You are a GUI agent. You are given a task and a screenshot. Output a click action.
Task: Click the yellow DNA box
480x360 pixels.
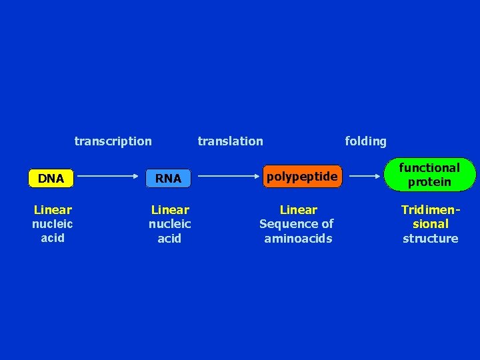[51, 179]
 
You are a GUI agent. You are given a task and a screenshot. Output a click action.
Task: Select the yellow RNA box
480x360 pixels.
[168, 179]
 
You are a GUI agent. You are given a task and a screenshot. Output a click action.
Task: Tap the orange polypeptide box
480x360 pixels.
[302, 177]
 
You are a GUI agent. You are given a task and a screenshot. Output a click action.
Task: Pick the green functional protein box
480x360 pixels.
[430, 175]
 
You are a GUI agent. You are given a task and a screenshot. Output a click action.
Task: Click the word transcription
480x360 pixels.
[113, 141]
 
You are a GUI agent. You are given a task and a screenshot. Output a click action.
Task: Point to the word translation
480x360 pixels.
[230, 141]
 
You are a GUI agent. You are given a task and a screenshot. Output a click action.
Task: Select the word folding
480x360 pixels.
[365, 141]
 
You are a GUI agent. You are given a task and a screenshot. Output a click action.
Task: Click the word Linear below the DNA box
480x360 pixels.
[53, 209]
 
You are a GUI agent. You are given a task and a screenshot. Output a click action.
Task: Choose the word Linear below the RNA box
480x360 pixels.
[170, 209]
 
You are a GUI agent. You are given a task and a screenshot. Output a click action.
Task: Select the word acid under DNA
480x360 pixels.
[53, 237]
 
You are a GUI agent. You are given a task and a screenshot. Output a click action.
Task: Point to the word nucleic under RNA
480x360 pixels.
[170, 224]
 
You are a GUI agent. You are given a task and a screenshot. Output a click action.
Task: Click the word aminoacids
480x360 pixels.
[298, 238]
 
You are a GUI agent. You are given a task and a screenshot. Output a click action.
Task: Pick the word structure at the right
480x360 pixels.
[430, 238]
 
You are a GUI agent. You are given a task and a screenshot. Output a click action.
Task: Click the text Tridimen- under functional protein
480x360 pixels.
[431, 209]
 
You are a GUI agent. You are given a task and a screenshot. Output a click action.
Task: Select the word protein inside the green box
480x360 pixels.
[429, 182]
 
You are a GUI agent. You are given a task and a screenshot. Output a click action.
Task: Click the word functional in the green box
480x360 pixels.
[429, 168]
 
